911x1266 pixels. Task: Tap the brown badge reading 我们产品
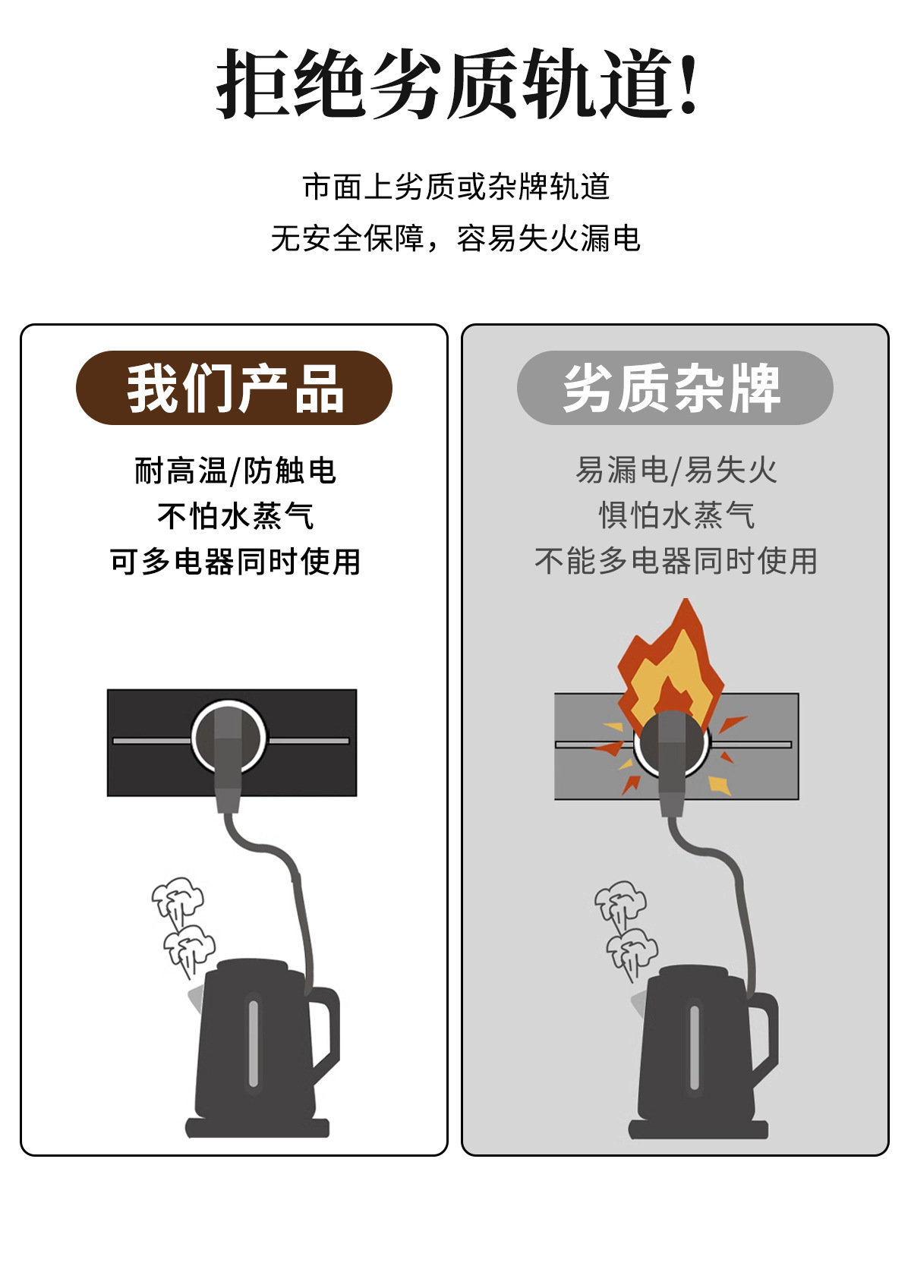pyautogui.click(x=234, y=388)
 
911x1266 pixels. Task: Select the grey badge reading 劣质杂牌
pyautogui.click(x=674, y=388)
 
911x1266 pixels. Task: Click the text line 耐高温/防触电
pyautogui.click(x=235, y=471)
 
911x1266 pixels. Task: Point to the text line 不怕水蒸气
pyautogui.click(x=235, y=516)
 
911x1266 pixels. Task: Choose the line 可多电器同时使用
pyautogui.click(x=235, y=562)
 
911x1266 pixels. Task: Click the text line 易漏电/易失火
pyautogui.click(x=676, y=471)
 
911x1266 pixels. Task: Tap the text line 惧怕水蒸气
pyautogui.click(x=676, y=516)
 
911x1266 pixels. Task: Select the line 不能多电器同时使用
pyautogui.click(x=676, y=562)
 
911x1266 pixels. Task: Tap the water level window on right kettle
pyautogui.click(x=694, y=1047)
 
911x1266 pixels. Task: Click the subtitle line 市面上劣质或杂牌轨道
pyautogui.click(x=455, y=187)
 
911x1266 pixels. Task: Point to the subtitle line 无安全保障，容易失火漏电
pyautogui.click(x=455, y=238)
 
